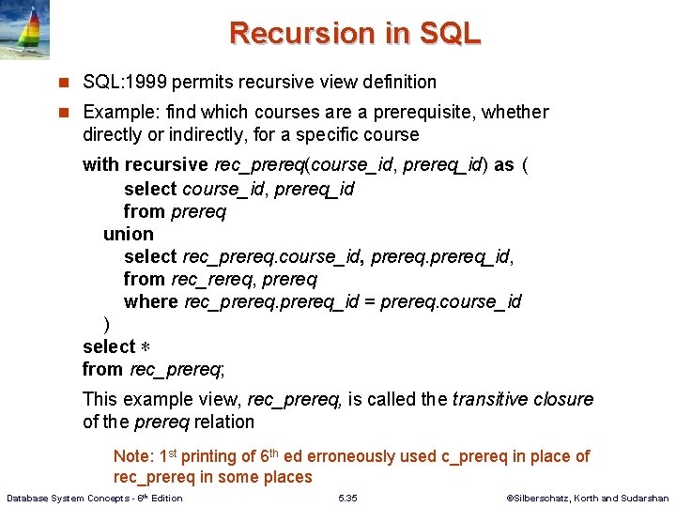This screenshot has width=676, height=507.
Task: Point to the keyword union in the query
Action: tap(129, 234)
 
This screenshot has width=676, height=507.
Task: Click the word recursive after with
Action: tap(166, 165)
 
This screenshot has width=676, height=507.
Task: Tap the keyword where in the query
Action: tap(150, 301)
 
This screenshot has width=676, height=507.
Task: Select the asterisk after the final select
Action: tap(146, 347)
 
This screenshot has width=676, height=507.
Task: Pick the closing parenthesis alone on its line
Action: tap(106, 325)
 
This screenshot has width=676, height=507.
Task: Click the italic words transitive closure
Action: tap(522, 399)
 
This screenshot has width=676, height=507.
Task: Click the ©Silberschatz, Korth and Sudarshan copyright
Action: tap(587, 499)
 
